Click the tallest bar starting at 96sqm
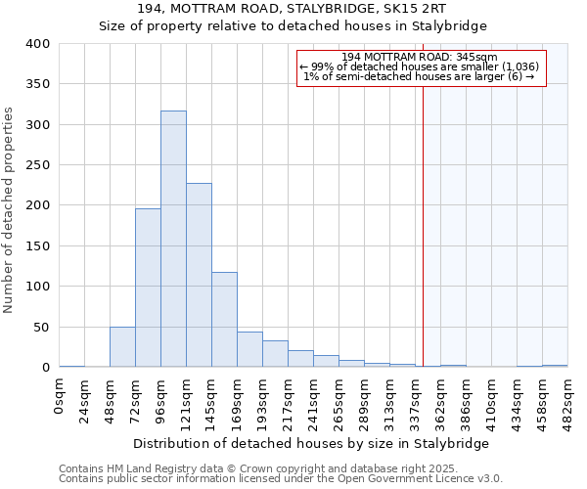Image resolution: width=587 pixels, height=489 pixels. [x=173, y=240]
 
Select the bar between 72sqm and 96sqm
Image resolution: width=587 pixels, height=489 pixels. [x=148, y=288]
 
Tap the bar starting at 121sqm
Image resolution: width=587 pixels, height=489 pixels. [x=199, y=275]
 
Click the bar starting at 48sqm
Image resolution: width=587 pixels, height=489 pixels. [x=122, y=347]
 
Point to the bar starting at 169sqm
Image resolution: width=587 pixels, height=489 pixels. [x=249, y=350]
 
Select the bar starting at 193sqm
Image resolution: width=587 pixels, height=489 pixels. [x=275, y=354]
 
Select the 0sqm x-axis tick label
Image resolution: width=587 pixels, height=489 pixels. [x=60, y=395]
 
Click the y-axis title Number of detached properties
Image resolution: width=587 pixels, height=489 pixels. [x=10, y=205]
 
